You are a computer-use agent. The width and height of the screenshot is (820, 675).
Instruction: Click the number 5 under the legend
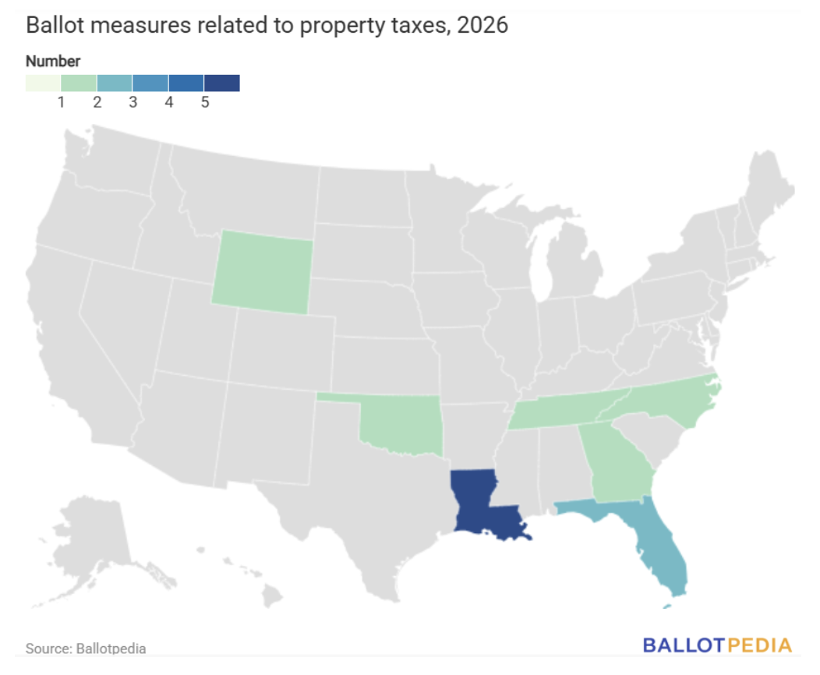[205, 102]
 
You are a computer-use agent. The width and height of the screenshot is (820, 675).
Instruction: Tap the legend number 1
[61, 102]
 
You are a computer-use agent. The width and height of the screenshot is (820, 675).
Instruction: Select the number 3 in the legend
[133, 102]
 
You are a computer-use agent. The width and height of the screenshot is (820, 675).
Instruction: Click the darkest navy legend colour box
[221, 83]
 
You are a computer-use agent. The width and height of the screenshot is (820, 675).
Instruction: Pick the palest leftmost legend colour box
[43, 83]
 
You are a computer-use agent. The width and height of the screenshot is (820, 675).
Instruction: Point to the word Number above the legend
[53, 61]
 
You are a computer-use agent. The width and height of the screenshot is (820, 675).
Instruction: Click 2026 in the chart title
[482, 25]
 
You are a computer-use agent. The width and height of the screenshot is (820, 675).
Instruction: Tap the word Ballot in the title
[55, 25]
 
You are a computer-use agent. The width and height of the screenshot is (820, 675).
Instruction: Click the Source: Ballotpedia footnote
[86, 648]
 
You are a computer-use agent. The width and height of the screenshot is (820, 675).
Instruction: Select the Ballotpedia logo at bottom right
[717, 645]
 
